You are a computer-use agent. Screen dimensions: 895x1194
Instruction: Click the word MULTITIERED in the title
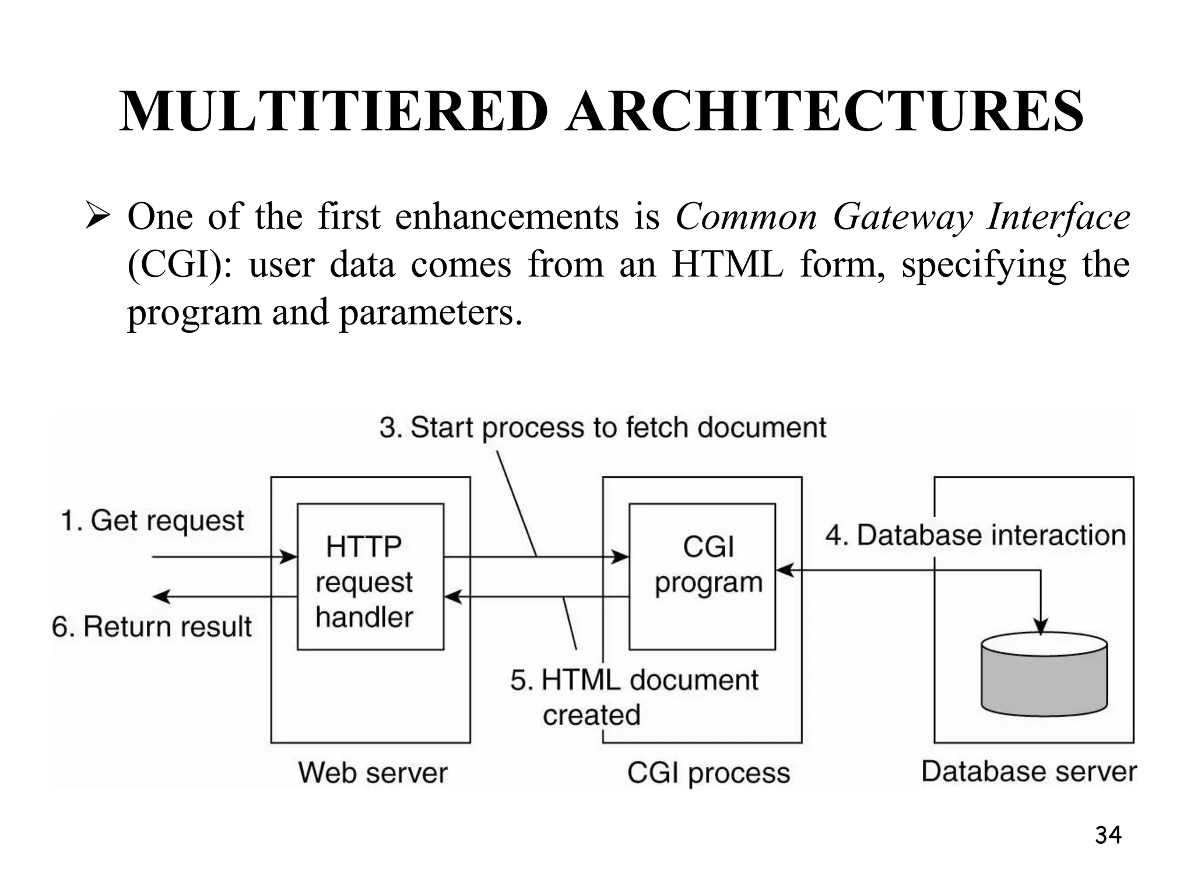pos(333,112)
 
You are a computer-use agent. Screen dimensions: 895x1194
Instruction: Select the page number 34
pos(1108,835)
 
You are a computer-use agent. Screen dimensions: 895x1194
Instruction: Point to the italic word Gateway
pos(902,217)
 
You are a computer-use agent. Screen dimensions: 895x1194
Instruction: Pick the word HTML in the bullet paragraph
pos(727,265)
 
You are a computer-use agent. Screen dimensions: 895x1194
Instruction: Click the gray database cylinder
pos(1044,676)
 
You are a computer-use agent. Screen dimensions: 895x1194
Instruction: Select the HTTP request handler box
pos(370,576)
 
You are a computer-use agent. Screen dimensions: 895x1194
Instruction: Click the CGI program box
pos(702,576)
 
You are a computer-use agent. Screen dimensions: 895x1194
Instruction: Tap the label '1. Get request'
pos(153,520)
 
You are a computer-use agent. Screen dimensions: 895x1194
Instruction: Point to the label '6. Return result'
pos(152,627)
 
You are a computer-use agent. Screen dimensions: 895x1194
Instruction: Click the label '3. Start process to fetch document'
pos(602,428)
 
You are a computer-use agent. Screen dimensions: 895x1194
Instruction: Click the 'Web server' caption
pos(373,773)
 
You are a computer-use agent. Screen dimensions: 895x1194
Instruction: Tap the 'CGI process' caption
pos(708,773)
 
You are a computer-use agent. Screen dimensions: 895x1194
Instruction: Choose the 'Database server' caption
pos(1029,771)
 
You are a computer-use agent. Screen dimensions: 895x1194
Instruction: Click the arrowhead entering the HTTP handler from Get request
pos(289,557)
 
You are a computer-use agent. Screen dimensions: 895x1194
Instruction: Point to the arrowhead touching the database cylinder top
pos(1041,626)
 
